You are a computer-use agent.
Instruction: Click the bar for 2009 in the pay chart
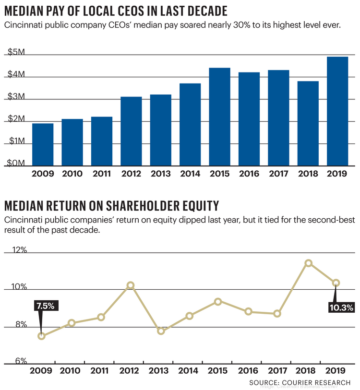(x=43, y=144)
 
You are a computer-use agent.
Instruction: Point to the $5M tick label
(x=17, y=53)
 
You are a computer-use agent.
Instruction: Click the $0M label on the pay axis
(x=17, y=164)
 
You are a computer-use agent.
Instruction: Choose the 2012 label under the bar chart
(x=131, y=175)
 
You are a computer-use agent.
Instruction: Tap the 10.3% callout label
(x=341, y=307)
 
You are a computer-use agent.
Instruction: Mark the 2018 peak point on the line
(x=309, y=263)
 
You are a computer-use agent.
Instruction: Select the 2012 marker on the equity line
(x=131, y=285)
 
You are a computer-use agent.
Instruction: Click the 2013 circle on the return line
(x=161, y=331)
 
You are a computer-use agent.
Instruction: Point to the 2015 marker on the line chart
(x=218, y=302)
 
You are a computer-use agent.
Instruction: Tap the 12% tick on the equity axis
(x=17, y=250)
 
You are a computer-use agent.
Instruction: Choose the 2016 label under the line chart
(x=248, y=371)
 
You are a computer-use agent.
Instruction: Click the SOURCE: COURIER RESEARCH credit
(x=300, y=382)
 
